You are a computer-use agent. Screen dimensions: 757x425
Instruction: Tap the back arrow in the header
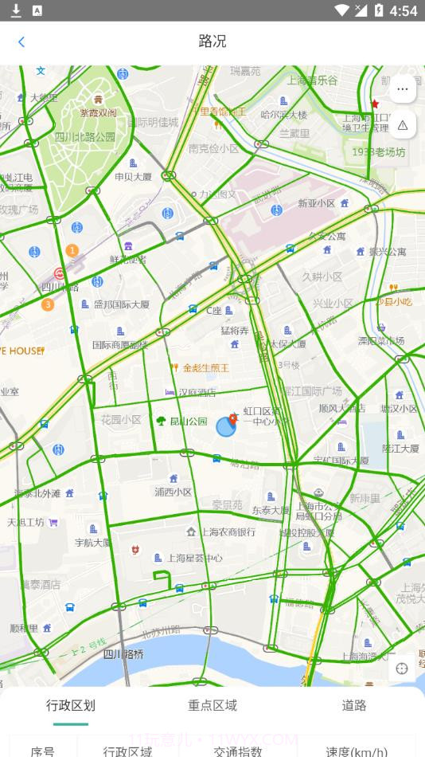pyautogui.click(x=21, y=42)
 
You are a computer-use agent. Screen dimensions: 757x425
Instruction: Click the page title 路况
pyautogui.click(x=212, y=41)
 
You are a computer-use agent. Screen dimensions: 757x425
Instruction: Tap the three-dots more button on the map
pyautogui.click(x=402, y=88)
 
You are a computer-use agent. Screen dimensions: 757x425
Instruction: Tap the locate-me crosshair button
pyautogui.click(x=402, y=669)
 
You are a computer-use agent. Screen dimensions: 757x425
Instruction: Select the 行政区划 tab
pyautogui.click(x=71, y=705)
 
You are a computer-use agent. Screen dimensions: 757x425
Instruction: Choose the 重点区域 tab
pyautogui.click(x=212, y=705)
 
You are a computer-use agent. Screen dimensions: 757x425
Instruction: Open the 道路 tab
pyautogui.click(x=354, y=705)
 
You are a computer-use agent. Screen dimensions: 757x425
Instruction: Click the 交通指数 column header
pyautogui.click(x=237, y=751)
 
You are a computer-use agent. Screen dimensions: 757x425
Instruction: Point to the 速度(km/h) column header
pyautogui.click(x=357, y=751)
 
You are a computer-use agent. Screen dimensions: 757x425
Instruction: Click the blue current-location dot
pyautogui.click(x=225, y=427)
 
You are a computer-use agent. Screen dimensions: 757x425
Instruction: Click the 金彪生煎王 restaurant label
pyautogui.click(x=205, y=367)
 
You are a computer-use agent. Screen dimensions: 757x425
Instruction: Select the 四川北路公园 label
pyautogui.click(x=84, y=136)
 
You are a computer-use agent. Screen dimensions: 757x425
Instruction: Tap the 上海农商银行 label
pyautogui.click(x=227, y=531)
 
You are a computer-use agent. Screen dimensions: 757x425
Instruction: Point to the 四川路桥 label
pyautogui.click(x=123, y=654)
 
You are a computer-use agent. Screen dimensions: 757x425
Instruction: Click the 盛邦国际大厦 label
pyautogui.click(x=121, y=304)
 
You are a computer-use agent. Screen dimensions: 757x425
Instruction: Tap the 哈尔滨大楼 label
pyautogui.click(x=283, y=115)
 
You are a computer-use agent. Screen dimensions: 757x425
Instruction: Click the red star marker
pyautogui.click(x=375, y=104)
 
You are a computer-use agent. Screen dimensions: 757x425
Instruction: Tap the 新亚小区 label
pyautogui.click(x=316, y=203)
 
